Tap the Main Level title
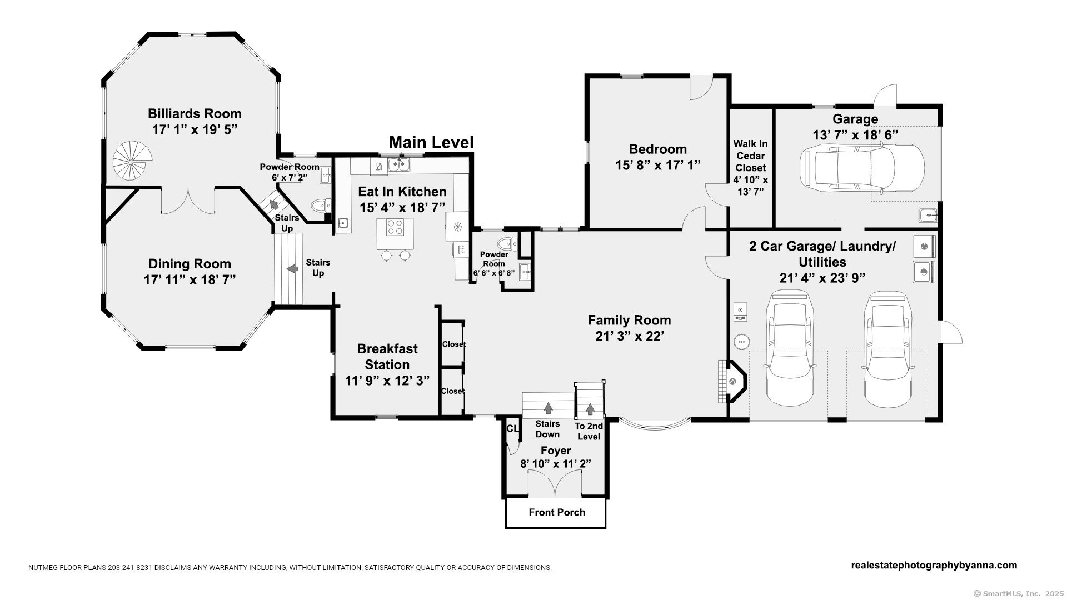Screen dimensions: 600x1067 coord(431,143)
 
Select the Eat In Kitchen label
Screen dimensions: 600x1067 coord(402,192)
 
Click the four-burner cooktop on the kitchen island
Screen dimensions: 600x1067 coord(395,227)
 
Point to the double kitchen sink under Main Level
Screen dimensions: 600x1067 coord(398,164)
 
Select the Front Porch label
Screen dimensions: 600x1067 coord(556,512)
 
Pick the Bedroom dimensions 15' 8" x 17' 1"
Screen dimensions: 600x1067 coord(657,165)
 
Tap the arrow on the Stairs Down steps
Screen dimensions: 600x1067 coord(548,408)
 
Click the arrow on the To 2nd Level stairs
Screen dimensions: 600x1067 coord(590,409)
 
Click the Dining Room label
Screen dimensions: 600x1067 coord(190,264)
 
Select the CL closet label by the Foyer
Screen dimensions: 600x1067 coord(512,429)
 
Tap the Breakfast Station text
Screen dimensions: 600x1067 coord(387,357)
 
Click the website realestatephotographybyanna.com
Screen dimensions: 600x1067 coord(934,566)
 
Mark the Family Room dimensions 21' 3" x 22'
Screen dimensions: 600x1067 coord(629,336)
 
